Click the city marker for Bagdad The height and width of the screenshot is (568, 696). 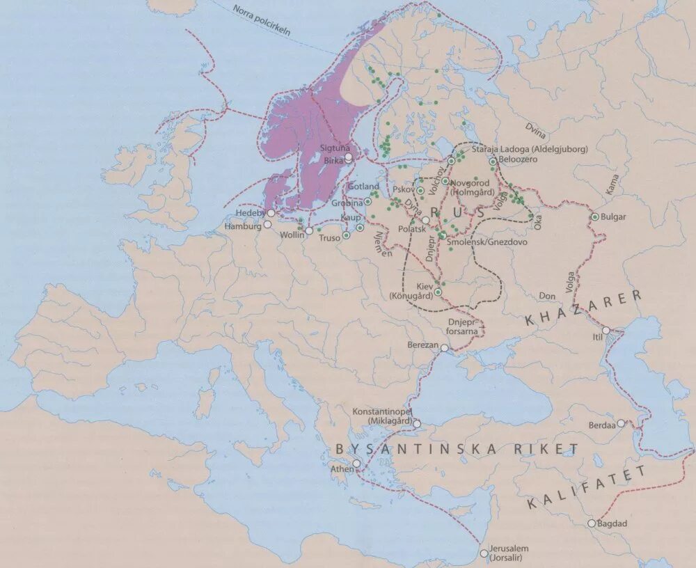click(592, 523)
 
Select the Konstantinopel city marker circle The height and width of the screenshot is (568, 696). click(417, 423)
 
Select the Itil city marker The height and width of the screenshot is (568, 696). click(606, 331)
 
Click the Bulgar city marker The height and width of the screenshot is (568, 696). click(595, 217)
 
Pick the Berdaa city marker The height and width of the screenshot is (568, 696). click(622, 423)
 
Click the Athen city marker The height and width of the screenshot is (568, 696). click(356, 464)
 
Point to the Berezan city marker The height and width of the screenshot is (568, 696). click(445, 348)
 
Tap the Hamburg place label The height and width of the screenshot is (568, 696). click(242, 227)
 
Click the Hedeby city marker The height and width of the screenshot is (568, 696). click(270, 213)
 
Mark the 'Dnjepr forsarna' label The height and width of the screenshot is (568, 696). click(462, 327)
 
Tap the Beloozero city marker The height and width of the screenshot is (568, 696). click(493, 161)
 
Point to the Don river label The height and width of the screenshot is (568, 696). click(547, 296)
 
